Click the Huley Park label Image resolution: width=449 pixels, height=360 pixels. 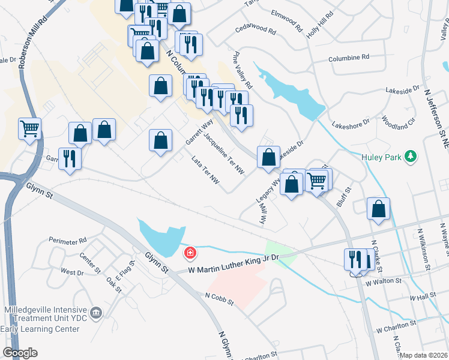point(380,157)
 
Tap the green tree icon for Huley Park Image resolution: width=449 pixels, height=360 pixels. point(411,156)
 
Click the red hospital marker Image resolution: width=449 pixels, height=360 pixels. point(190,253)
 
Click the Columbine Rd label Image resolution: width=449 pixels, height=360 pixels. point(349,58)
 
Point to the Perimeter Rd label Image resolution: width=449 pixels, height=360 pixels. point(70,241)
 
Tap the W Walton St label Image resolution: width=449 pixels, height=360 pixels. point(382,281)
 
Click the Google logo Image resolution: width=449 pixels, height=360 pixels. point(20,353)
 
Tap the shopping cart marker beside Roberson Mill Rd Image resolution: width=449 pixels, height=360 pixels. point(29,128)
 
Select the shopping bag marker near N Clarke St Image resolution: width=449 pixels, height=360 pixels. point(378,209)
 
